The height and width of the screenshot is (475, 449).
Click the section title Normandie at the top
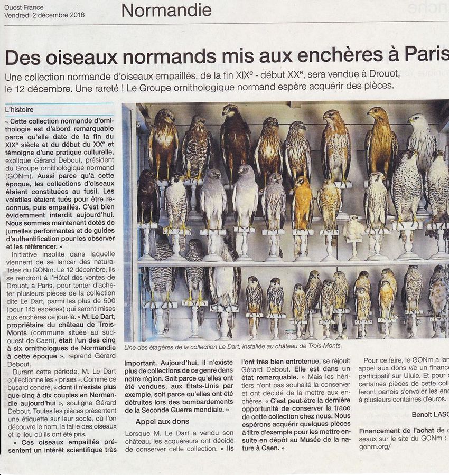[x=166, y=10]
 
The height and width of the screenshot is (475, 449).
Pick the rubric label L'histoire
[x=19, y=110]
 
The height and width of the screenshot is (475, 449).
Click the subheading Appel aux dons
[x=162, y=421]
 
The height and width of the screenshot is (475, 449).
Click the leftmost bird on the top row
[x=163, y=142]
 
